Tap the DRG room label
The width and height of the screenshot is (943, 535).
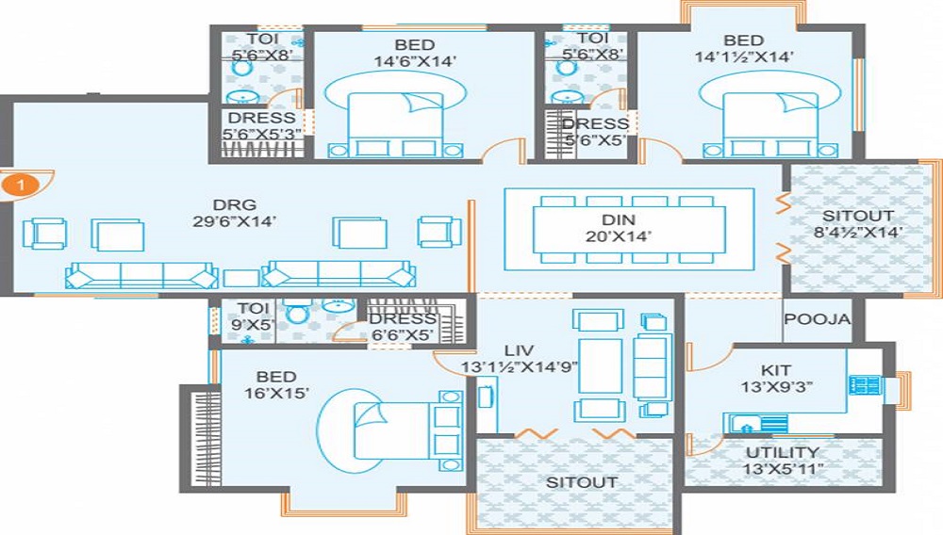235,205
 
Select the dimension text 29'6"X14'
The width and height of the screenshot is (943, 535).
235,223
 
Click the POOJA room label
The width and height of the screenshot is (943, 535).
818,319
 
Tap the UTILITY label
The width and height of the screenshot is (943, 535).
781,452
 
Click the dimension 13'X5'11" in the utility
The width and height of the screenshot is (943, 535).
781,469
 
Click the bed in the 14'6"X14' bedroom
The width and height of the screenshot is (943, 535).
396,123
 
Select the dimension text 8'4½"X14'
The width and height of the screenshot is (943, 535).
858,233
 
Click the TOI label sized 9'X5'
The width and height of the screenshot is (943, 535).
254,308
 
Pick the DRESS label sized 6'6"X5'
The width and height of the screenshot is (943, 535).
402,318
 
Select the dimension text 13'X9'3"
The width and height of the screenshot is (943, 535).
777,387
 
